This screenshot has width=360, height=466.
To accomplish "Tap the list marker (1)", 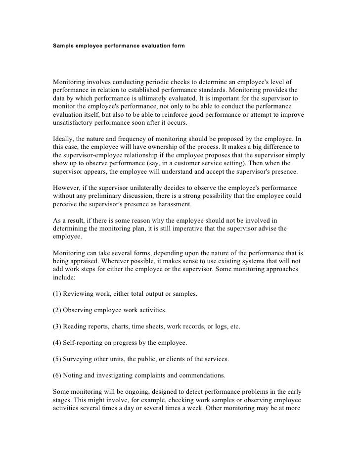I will click(x=57, y=294).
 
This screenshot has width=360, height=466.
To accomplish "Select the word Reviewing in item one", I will click(x=80, y=294).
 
